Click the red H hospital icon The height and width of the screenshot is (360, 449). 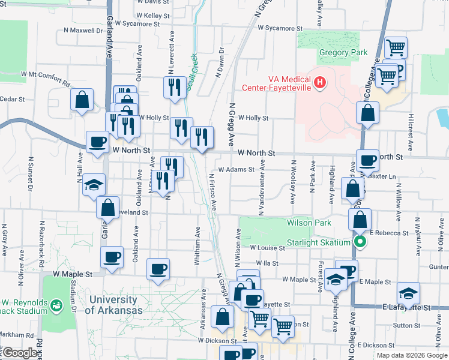tap(320, 81)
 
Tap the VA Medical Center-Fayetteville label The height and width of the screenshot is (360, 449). tap(276, 83)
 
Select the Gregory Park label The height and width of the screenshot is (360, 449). tap(343, 53)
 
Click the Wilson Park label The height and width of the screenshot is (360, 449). tap(309, 223)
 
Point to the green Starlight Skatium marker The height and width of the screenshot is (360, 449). tap(360, 242)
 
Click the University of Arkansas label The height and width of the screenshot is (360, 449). tap(114, 305)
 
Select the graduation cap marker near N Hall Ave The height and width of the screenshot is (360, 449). tap(94, 184)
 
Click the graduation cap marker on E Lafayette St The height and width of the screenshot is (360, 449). tap(408, 292)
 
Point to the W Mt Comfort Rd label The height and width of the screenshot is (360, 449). tap(46, 74)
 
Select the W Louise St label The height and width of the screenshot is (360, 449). tap(267, 247)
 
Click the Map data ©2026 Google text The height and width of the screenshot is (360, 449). tap(411, 355)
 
